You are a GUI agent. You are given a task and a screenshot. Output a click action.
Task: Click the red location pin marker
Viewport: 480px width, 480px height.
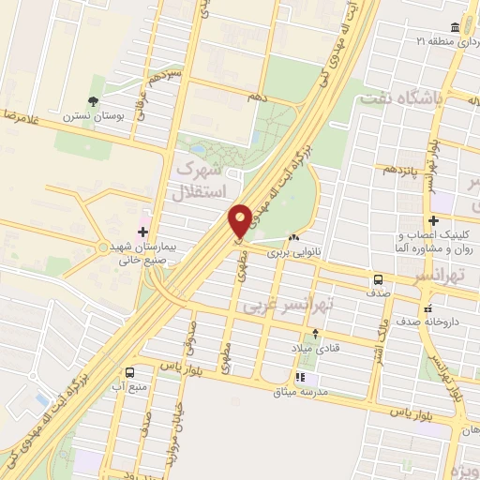(x=241, y=220)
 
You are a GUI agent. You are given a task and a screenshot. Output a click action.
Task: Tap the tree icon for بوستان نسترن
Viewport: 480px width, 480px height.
(x=93, y=101)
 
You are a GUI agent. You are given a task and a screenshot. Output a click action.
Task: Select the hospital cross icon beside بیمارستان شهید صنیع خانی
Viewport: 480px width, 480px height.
(x=143, y=231)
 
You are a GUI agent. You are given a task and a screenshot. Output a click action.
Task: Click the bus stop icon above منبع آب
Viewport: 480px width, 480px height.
(x=130, y=371)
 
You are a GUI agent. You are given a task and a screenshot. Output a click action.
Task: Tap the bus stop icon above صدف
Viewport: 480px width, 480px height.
(x=379, y=278)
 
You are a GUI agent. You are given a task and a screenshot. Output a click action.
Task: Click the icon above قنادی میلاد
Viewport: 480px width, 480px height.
(x=315, y=334)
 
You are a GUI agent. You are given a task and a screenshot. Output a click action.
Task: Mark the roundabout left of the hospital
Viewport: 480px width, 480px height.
(x=102, y=247)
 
